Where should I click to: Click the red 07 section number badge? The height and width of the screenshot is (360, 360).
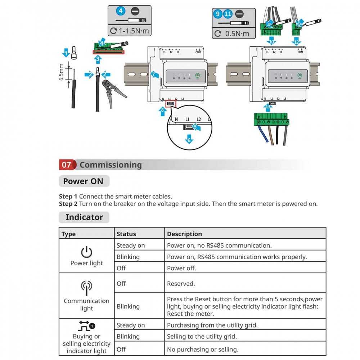coord(67,165)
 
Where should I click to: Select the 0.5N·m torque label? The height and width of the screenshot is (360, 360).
coord(237,34)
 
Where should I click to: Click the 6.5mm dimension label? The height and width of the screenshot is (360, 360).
coord(62,72)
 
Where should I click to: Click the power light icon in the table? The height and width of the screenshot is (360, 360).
coord(86,252)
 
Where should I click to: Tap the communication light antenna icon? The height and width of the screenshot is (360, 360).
coord(86,287)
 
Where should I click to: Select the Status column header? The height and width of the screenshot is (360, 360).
coord(126,234)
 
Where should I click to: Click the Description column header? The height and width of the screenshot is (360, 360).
coord(184,234)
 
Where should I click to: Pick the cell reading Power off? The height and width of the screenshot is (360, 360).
coord(181,268)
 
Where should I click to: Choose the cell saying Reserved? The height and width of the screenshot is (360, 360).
coord(181,284)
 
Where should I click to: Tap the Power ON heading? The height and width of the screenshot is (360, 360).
coord(83,181)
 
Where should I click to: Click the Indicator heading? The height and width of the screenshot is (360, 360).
coord(84,217)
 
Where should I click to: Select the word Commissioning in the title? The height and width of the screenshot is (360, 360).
coord(111,165)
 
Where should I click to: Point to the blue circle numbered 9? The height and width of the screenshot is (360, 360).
coord(217,14)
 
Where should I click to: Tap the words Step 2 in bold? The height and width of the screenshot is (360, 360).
coord(68,204)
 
